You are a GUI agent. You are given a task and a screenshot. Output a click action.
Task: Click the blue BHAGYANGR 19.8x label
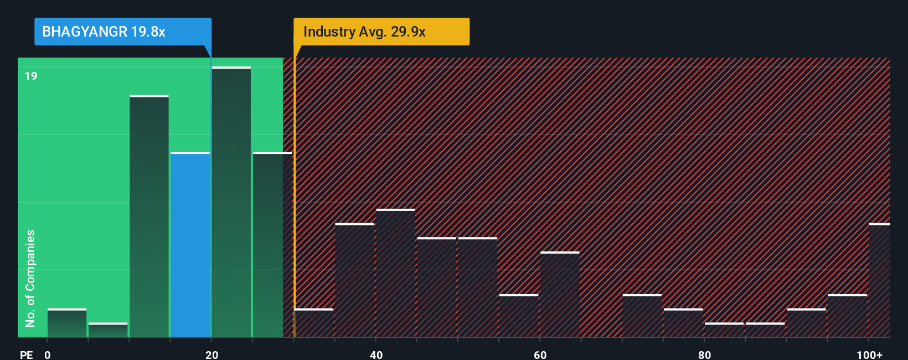tap(122, 32)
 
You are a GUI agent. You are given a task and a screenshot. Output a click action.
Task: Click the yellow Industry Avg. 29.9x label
tap(381, 32)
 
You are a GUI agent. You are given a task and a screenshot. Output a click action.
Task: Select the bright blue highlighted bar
tap(190, 244)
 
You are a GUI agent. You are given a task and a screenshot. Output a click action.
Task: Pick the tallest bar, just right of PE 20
tap(231, 202)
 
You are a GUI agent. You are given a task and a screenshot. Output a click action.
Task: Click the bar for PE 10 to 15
tap(149, 216)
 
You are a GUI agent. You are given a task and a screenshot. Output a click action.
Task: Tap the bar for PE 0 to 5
tap(67, 323)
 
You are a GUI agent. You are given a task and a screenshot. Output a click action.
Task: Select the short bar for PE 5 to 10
tap(108, 330)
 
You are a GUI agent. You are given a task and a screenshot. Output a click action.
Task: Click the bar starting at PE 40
tap(395, 273)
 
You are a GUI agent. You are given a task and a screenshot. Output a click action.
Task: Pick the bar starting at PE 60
tap(560, 294)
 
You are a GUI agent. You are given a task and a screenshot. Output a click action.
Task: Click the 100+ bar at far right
tap(879, 280)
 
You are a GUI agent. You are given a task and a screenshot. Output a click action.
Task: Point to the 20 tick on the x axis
tap(211, 354)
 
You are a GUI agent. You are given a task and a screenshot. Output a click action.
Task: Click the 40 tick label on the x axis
tap(376, 354)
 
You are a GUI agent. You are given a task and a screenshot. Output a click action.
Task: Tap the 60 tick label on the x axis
tap(540, 354)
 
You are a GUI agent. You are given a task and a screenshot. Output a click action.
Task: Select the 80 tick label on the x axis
tap(704, 354)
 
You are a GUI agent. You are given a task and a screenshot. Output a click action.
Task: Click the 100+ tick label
tap(869, 354)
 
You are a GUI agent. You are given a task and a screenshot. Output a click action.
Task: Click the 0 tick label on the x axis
tap(48, 354)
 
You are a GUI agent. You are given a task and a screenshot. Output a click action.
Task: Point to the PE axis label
tap(26, 354)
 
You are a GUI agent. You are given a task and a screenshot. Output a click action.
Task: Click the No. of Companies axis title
tap(30, 278)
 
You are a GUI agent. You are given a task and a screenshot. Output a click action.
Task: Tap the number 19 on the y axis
tap(31, 76)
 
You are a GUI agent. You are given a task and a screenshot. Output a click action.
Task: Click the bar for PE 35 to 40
tap(354, 280)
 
